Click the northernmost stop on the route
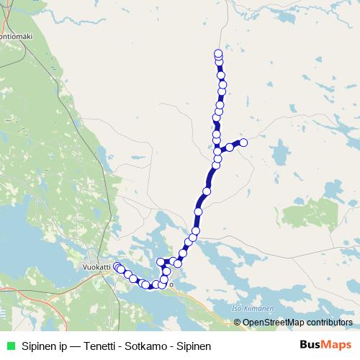[x=218, y=53]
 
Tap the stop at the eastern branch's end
[x=243, y=143]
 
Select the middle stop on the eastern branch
[x=230, y=148]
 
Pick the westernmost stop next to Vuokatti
[x=117, y=266]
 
